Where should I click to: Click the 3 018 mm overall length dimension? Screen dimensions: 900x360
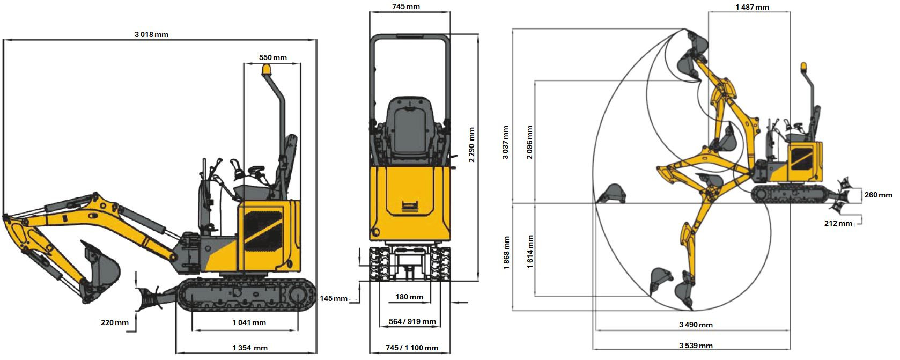pyautogui.click(x=151, y=34)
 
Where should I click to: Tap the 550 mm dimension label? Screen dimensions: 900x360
pyautogui.click(x=273, y=58)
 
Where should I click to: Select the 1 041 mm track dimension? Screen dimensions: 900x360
pyautogui.click(x=249, y=322)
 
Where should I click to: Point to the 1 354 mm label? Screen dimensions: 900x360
pyautogui.click(x=250, y=348)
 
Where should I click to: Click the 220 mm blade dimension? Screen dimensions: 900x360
pyautogui.click(x=114, y=322)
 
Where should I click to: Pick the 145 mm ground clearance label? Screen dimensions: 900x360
pyautogui.click(x=334, y=298)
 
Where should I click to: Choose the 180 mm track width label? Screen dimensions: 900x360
pyautogui.click(x=409, y=297)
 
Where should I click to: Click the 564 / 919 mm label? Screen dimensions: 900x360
pyautogui.click(x=412, y=322)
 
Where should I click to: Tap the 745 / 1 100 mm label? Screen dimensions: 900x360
pyautogui.click(x=412, y=348)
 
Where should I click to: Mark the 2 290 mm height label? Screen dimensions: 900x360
pyautogui.click(x=471, y=145)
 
